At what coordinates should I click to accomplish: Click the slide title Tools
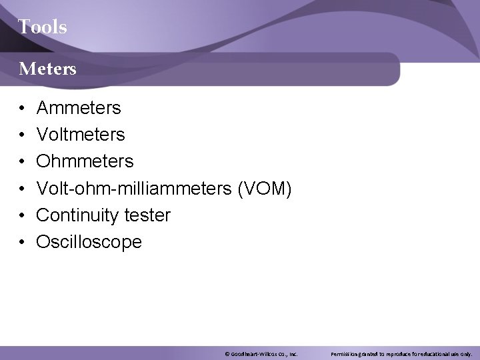coord(42,27)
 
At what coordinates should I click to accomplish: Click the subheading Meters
coord(47,68)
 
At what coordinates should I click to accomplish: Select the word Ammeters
coord(79,107)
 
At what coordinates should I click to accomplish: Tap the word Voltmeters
coord(81,135)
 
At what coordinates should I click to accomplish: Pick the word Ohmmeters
coord(85,161)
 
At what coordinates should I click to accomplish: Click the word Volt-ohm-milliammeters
coord(134,189)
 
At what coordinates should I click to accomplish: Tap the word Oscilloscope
coord(89,242)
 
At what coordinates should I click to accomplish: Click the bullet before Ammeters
coord(21,108)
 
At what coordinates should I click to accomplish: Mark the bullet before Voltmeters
coord(21,135)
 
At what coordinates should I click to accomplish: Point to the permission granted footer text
coord(401,353)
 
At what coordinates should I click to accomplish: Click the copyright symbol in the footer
coord(227,353)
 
